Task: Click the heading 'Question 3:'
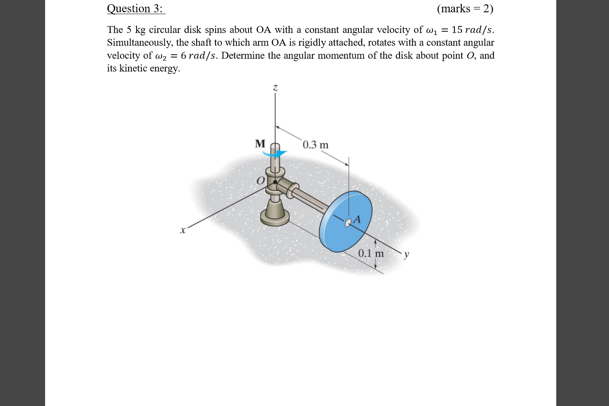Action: point(135,8)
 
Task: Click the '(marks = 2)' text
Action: point(465,8)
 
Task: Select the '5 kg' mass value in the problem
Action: point(136,30)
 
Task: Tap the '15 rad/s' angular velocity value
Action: point(472,30)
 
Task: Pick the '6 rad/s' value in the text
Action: point(198,56)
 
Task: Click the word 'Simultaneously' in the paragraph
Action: point(140,43)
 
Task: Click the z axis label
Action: point(275,87)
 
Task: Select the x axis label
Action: point(183,231)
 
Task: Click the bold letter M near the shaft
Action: point(260,143)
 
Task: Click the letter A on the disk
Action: point(356,220)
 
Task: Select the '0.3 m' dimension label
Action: point(315,145)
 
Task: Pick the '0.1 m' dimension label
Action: point(371,253)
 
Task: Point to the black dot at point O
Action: point(275,182)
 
